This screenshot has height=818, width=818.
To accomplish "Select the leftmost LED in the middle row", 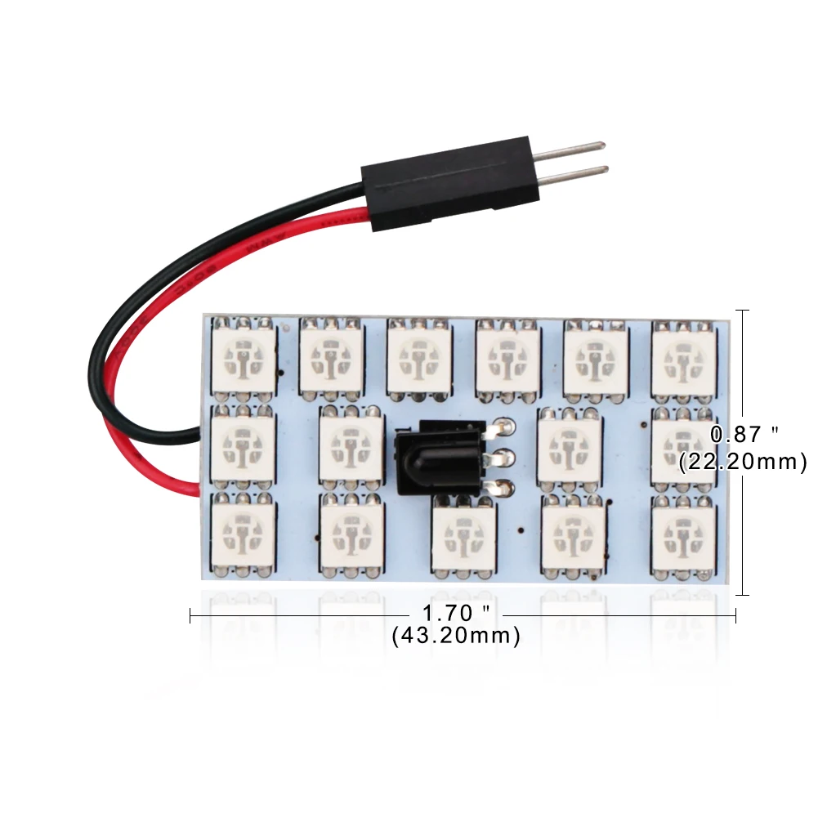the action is point(243,446).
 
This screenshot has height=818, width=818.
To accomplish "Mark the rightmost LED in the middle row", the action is point(682,446).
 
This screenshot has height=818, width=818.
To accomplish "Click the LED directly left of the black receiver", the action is point(351,446).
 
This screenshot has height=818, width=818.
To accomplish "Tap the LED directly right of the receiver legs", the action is point(570,446).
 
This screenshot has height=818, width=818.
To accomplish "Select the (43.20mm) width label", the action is point(456,636).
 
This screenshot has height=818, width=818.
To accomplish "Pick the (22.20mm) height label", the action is point(743,462).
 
